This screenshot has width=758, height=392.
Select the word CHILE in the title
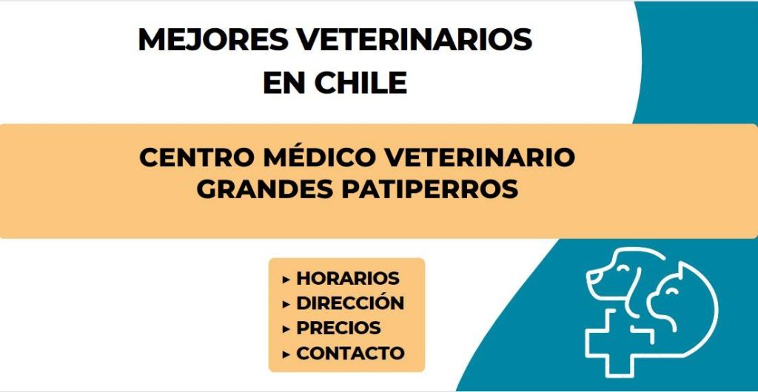point(360,83)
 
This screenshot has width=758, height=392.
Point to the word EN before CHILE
point(284,83)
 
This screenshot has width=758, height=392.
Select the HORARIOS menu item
point(348,278)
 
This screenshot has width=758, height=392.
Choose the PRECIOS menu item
point(338,328)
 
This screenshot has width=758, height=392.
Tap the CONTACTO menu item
point(350,353)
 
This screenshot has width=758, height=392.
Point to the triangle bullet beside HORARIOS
point(286,279)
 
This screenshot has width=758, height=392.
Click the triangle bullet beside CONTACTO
point(286,354)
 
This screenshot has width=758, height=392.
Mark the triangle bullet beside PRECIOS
point(286,328)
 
